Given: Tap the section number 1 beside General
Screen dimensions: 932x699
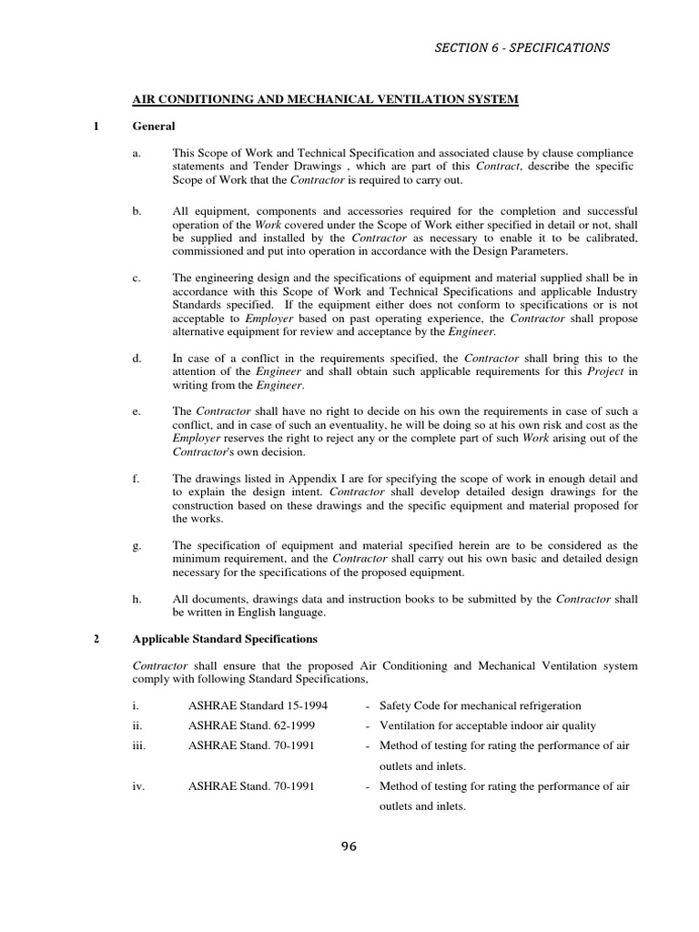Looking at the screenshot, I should click(96, 127).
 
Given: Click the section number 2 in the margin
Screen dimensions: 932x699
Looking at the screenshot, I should click(96, 638).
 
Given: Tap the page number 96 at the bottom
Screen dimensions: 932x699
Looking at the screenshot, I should click(349, 846).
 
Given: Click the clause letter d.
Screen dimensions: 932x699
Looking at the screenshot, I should click(137, 359).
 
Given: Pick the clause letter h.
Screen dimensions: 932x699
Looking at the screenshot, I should click(137, 599).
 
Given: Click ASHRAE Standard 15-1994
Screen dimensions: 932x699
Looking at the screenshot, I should click(258, 705).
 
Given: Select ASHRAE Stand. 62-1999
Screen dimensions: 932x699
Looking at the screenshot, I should click(252, 725).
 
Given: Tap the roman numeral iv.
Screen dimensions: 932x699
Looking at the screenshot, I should click(138, 785).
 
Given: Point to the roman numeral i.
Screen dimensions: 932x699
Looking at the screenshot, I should click(134, 705).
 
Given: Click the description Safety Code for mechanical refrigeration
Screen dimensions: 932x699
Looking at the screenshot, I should click(480, 705).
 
